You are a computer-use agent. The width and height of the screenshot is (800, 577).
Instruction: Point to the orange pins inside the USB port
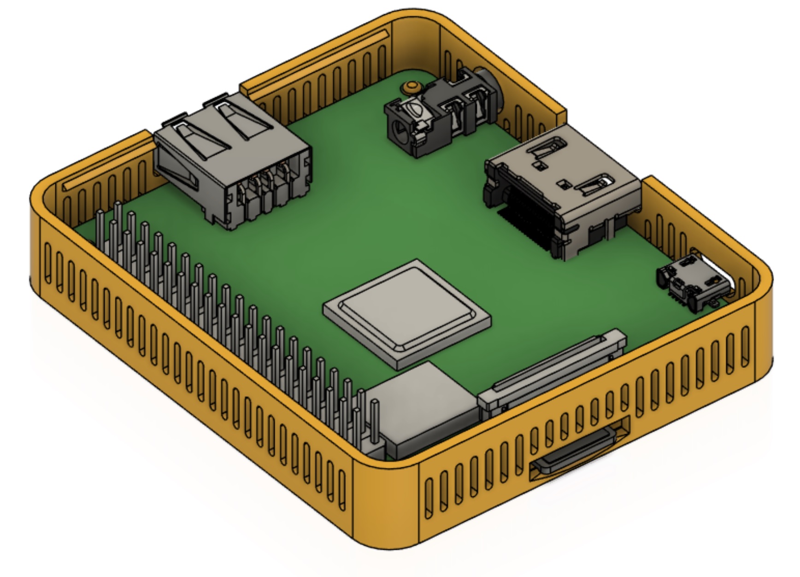267,177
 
